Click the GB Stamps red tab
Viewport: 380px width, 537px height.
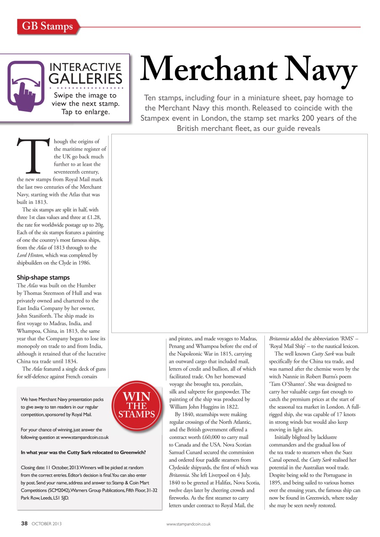coord(47,27)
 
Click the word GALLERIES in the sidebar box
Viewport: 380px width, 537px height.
coord(86,78)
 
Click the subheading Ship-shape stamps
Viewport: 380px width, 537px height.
coord(43,278)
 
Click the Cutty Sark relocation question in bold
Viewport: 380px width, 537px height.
coord(83,452)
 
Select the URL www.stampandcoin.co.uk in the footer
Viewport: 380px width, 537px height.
coord(188,524)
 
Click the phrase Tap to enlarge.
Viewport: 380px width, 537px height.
coord(86,112)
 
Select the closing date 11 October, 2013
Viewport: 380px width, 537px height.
coord(59,467)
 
